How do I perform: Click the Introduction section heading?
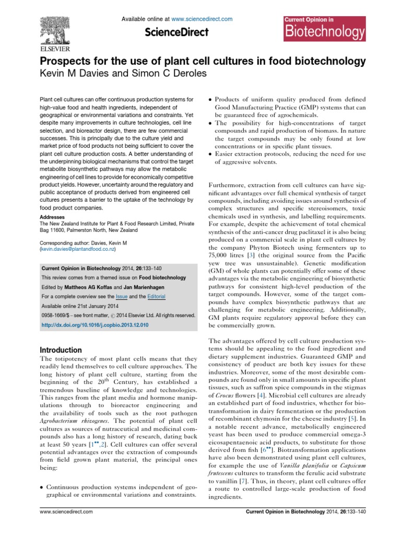click(x=61, y=350)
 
